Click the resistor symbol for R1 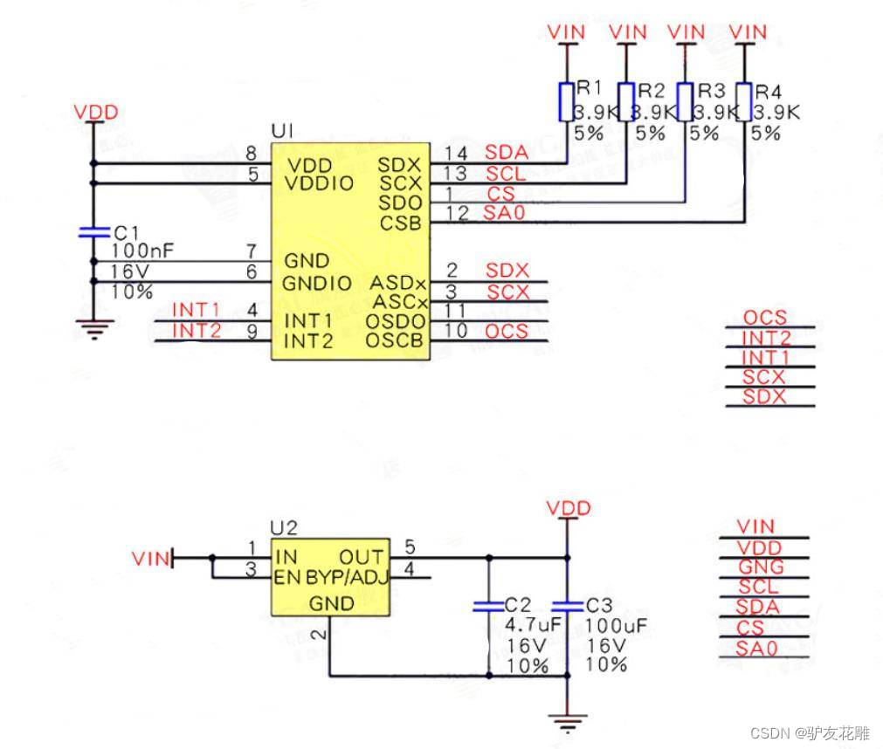[565, 102]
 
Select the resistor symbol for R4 [744, 102]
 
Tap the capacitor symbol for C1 [93, 232]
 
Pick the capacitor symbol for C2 [488, 605]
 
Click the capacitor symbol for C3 [568, 605]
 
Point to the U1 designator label [282, 131]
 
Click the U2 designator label [284, 527]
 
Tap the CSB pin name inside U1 [401, 223]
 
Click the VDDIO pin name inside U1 [321, 183]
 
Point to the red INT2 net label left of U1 [196, 330]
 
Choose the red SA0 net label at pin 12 [506, 212]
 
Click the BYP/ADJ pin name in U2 [346, 578]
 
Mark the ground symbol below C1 [93, 329]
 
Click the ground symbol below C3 [568, 721]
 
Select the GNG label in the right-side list [761, 567]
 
